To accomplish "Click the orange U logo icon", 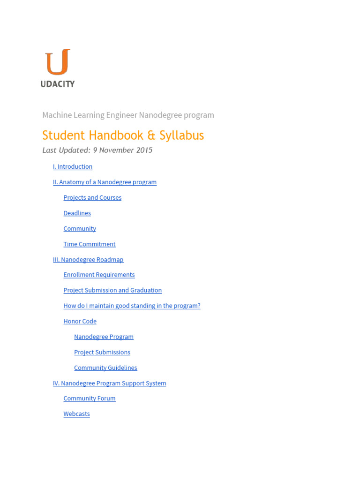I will coord(58,62).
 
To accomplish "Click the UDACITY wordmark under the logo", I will coord(58,84).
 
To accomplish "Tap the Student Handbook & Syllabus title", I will coord(123,135).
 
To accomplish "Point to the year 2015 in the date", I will coord(144,150).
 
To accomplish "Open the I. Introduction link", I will coord(73,167).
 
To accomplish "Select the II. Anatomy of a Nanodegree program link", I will coord(105,182).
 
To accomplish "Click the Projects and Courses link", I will coord(92,198).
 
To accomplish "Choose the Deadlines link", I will coord(77,213).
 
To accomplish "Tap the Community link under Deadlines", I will coord(80,229).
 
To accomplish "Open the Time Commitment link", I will coord(90,244).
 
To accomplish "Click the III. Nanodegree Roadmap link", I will coord(88,260).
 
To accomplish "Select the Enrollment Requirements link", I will coord(99,275).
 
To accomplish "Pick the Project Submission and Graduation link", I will coord(112,291).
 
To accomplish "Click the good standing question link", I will coord(132,306).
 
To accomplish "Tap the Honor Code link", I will coord(80,322).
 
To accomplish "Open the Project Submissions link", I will coord(102,352).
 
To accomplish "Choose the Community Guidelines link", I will coord(105,368).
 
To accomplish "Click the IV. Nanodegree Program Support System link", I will coord(109,383).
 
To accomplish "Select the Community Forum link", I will coord(90,398).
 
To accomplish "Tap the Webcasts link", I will coord(76,414).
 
